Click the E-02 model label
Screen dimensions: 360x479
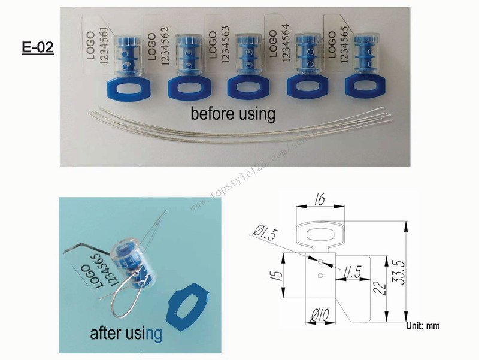pos(38,48)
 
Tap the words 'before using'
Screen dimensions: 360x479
pos(233,113)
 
